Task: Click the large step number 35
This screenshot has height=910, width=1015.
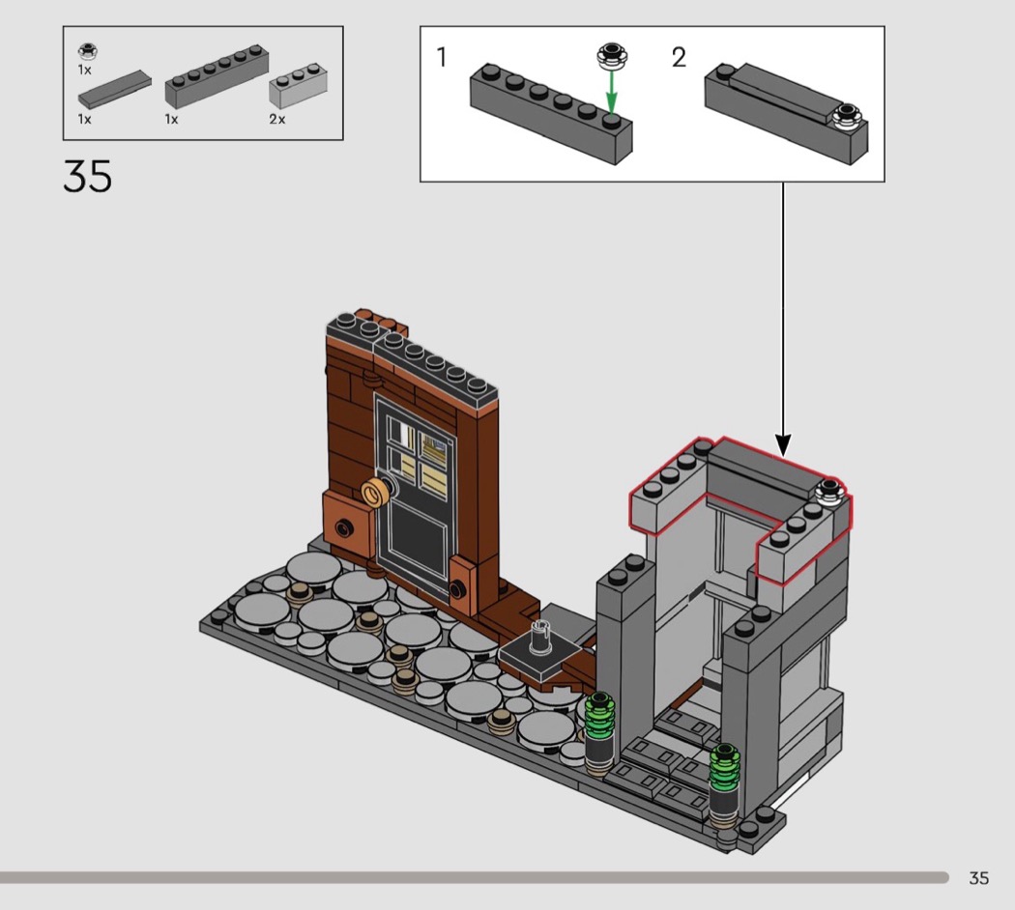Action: (87, 176)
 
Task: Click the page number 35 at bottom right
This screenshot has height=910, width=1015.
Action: (978, 878)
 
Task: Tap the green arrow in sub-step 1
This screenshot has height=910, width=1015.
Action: (611, 93)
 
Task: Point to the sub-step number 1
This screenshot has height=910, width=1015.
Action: (442, 57)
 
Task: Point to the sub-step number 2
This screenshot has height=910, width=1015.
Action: (679, 57)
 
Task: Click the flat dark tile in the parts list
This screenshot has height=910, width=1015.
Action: (115, 89)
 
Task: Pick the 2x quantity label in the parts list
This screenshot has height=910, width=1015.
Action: (277, 119)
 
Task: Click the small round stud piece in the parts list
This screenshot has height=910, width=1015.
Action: (87, 51)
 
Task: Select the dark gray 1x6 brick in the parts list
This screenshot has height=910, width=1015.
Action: (217, 76)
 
